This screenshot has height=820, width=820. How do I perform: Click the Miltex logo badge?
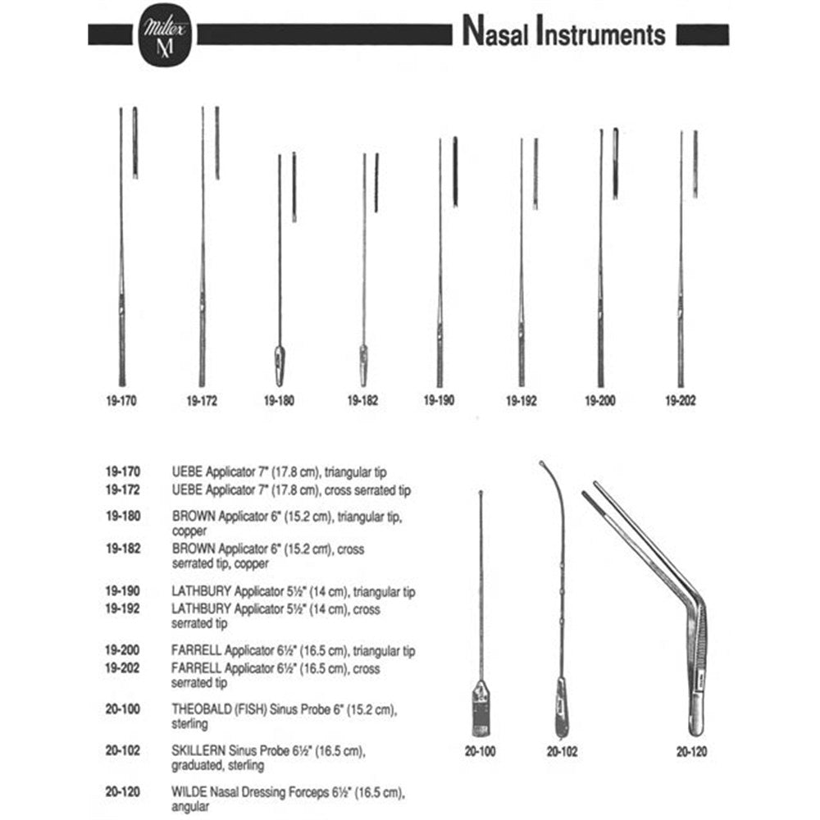[x=166, y=35]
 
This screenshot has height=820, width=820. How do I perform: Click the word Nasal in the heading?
[x=495, y=32]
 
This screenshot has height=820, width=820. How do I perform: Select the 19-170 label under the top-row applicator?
[x=121, y=401]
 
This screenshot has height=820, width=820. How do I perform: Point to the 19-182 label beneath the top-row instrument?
[x=362, y=401]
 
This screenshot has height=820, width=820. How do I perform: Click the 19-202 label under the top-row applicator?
[x=681, y=401]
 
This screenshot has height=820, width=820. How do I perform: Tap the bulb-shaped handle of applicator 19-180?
[x=280, y=366]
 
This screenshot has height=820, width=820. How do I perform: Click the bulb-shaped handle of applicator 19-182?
[x=363, y=366]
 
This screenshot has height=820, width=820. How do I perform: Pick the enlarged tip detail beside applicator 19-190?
[x=455, y=172]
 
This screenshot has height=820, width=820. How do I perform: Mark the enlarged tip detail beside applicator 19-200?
[x=616, y=164]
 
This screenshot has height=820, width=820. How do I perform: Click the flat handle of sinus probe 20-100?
[x=481, y=708]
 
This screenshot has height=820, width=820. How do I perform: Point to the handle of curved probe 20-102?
[x=562, y=708]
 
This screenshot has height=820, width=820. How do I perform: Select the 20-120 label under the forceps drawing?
[x=691, y=751]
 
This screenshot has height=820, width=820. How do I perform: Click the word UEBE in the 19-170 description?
[x=187, y=472]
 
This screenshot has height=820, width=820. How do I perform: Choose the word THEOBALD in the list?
[x=202, y=709]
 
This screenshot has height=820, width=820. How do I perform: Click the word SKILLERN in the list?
[x=198, y=751]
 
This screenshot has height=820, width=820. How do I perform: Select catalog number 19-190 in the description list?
[x=122, y=591]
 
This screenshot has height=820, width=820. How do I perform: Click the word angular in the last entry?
[x=190, y=807]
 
